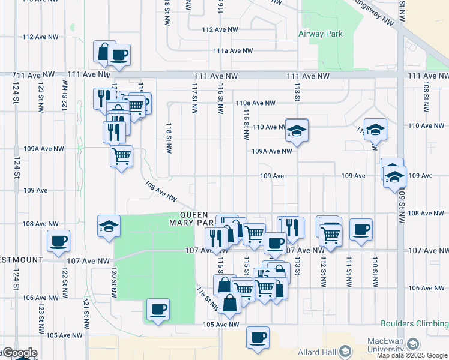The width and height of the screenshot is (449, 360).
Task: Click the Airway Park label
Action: (321, 34)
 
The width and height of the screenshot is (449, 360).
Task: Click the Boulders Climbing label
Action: (417, 325)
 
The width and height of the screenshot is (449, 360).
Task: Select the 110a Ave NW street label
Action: (255, 103)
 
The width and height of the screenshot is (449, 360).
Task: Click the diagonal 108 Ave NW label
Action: (161, 192)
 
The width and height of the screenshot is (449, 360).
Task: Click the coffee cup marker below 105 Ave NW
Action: (258, 337)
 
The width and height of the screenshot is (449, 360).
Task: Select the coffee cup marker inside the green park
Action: (158, 310)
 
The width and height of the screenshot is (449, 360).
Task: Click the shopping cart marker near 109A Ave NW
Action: (122, 157)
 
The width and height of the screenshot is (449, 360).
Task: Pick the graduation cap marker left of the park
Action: (109, 226)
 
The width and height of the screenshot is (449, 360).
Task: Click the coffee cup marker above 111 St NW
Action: (361, 229)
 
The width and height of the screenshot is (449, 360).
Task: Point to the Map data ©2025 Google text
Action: (411, 355)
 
